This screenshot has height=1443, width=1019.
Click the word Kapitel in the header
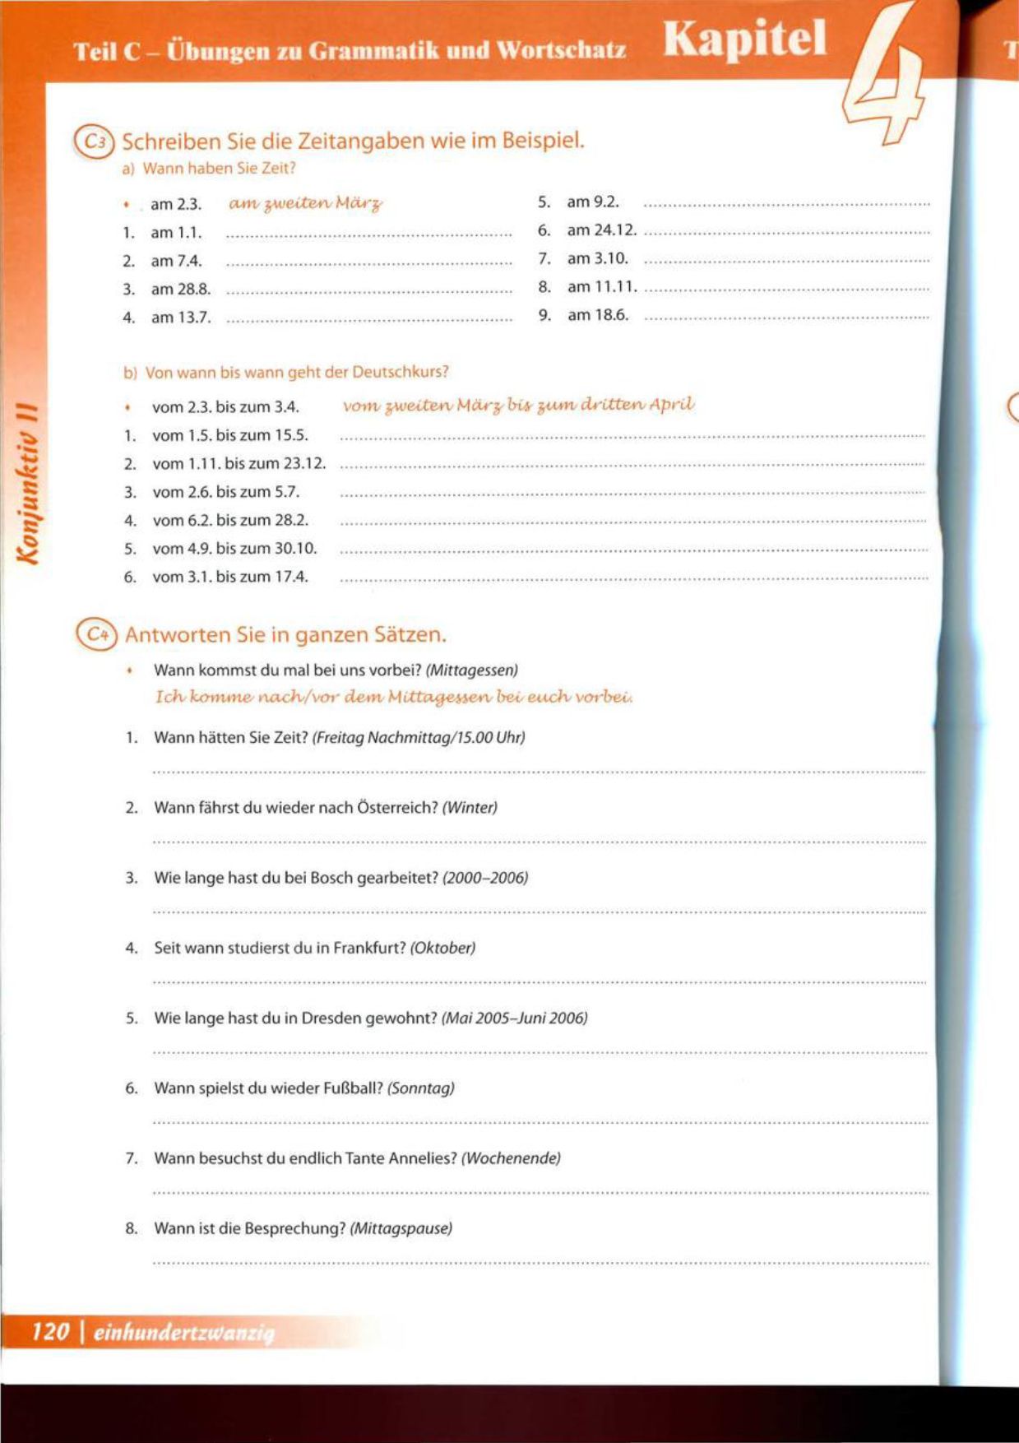point(744,39)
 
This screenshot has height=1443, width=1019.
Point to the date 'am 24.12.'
point(601,230)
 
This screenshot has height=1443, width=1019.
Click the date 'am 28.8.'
point(180,290)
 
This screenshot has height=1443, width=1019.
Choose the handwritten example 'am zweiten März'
point(305,203)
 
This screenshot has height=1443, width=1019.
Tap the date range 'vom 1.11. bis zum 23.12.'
point(239,464)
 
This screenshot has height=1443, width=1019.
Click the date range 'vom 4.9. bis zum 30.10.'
point(234,549)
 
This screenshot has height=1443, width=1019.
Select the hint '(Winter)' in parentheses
point(470,808)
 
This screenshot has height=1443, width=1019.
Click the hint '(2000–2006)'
point(485,878)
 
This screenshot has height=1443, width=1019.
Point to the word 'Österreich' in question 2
point(397,808)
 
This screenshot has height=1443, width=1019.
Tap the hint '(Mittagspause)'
point(401,1229)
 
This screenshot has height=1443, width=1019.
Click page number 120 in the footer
point(50,1331)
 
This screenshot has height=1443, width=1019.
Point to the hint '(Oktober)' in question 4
point(442,948)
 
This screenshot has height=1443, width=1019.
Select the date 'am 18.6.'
point(598,315)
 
